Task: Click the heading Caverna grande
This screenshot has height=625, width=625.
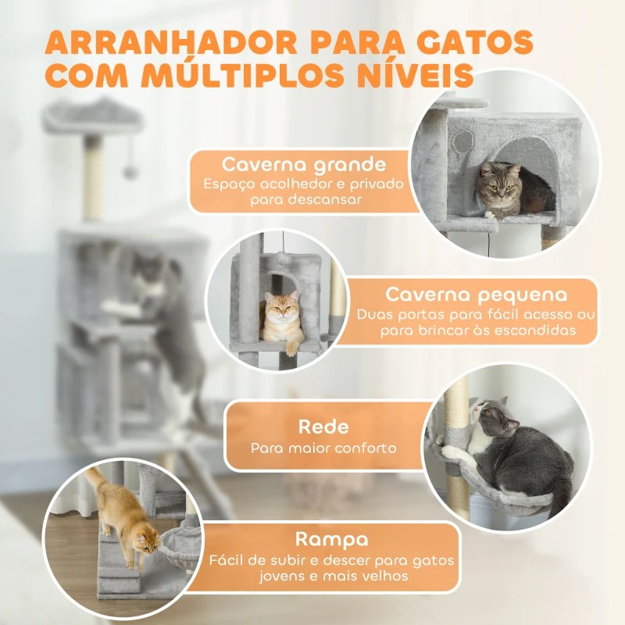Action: (x=304, y=165)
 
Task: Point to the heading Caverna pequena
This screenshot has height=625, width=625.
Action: (x=476, y=295)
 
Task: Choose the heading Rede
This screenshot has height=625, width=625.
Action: (x=323, y=427)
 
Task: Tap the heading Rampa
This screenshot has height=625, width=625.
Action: (x=332, y=539)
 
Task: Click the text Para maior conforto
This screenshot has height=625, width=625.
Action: (x=323, y=448)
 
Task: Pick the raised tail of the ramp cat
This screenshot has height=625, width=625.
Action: (x=95, y=479)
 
